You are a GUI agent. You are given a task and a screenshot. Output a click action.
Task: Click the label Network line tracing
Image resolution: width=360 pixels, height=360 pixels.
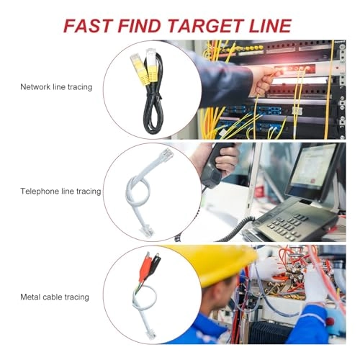click(56, 87)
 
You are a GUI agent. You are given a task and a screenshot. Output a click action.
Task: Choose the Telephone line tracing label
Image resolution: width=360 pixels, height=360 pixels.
click(60, 192)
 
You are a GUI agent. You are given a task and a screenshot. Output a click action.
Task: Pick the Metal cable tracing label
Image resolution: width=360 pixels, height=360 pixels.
click(55, 297)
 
